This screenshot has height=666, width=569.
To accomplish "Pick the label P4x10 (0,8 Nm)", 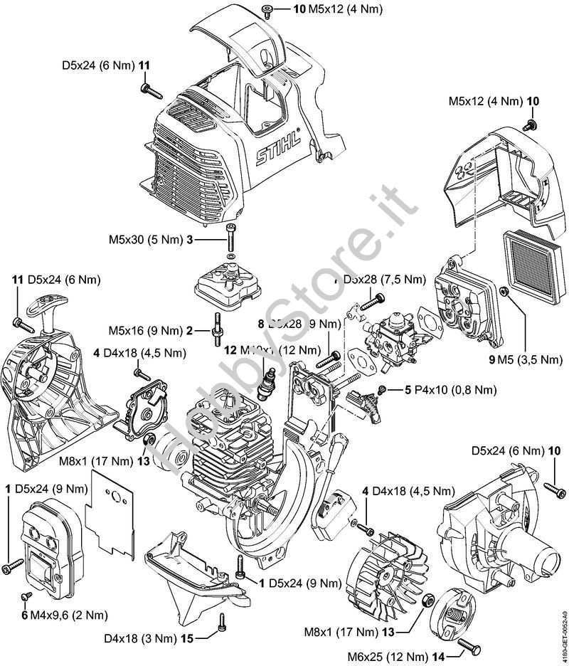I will pos(439,389).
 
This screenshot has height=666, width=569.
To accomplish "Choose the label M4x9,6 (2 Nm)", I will pos(65,614).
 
